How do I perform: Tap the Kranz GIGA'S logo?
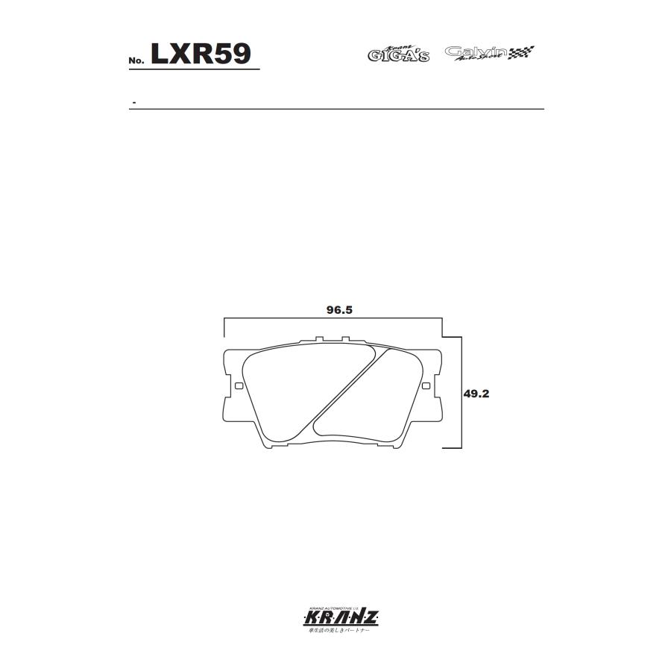tap(399, 54)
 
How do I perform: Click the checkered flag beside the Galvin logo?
tap(523, 52)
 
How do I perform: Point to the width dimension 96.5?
tap(338, 310)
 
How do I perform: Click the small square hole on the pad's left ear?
tap(239, 386)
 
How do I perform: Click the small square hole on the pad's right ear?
tap(426, 386)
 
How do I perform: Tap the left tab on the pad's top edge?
tap(318, 341)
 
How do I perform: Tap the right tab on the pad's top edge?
tap(344, 341)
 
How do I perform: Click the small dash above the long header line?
tap(133, 101)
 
